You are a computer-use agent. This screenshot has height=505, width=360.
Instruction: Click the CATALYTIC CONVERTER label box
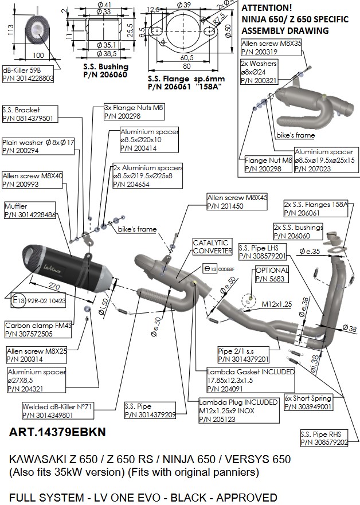[212, 246]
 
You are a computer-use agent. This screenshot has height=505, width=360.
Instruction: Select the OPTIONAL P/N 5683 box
[271, 275]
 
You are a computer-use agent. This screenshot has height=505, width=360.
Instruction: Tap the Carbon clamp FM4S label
[29, 328]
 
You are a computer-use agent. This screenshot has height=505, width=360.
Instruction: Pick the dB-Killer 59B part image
[38, 28]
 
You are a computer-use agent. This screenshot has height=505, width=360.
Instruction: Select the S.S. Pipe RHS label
[324, 438]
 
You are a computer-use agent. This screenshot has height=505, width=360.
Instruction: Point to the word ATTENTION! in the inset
[267, 9]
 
